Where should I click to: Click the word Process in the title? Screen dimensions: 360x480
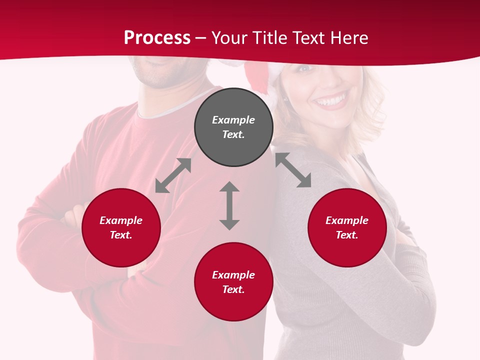pos(157,38)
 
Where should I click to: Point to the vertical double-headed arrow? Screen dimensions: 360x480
pos(229,206)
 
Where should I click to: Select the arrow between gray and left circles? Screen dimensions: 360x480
pos(173,175)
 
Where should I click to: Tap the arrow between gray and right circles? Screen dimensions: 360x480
pos(293,170)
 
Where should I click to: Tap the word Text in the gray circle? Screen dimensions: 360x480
pos(233,134)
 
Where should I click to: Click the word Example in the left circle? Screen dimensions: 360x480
pos(121,220)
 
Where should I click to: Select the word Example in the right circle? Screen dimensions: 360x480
pos(347,220)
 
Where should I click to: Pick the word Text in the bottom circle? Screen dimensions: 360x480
pos(233,289)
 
